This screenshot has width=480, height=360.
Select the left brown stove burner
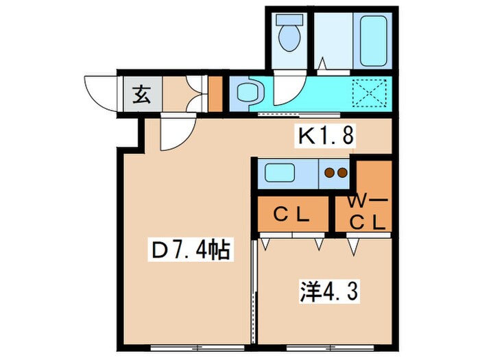point(330,173)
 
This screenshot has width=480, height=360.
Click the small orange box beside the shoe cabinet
point(215,95)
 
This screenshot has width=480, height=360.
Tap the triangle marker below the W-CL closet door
point(354,244)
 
